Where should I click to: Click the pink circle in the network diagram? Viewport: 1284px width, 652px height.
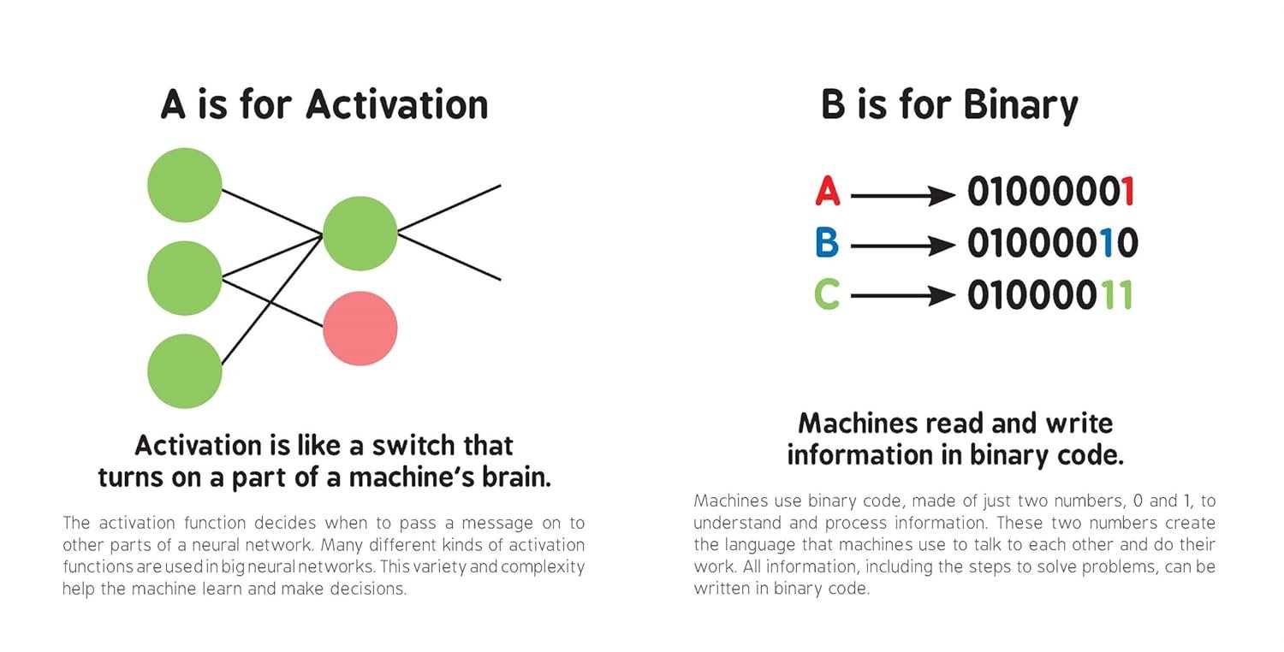(360, 329)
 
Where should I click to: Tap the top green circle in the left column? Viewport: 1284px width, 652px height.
(185, 185)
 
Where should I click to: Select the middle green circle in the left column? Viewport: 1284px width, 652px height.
(185, 278)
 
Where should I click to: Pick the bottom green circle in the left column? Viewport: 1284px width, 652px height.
(185, 371)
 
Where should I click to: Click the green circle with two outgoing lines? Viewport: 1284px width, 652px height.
(360, 234)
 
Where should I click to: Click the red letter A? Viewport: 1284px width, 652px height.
(828, 191)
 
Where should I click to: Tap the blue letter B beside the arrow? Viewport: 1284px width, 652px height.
(827, 242)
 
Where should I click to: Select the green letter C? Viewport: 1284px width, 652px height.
(827, 294)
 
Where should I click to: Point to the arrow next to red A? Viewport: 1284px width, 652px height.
(903, 195)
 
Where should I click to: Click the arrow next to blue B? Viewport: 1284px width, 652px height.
(903, 246)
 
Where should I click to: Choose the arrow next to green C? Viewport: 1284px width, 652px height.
(903, 296)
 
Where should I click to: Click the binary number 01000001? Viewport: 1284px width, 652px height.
(1051, 192)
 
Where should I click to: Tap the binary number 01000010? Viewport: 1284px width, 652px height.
(1053, 242)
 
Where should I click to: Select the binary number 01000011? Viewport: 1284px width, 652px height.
(1050, 294)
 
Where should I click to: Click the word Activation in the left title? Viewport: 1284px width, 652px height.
(396, 104)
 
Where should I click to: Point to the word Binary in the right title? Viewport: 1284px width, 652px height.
(1021, 106)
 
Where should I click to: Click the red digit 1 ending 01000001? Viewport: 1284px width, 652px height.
(1127, 192)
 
